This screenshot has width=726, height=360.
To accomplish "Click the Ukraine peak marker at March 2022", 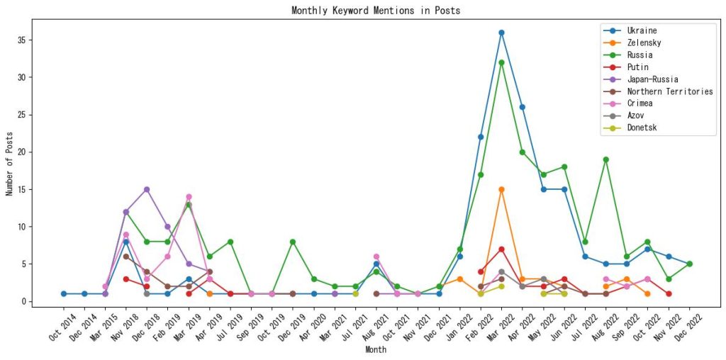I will click(501, 33).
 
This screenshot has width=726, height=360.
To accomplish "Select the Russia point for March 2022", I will click(501, 62).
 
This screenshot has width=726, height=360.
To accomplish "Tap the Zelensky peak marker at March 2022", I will click(501, 189).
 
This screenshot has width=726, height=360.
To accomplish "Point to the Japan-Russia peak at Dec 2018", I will click(147, 189).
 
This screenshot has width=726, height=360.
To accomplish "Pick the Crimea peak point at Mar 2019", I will click(189, 197).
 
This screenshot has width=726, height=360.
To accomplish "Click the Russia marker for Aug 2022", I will click(605, 159).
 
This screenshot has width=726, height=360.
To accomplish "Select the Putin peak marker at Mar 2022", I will click(501, 249).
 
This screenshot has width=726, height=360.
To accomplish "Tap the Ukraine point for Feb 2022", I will click(481, 137).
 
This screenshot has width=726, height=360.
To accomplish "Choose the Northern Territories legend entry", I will click(669, 91).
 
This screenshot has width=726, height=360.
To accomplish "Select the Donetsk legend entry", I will click(642, 128).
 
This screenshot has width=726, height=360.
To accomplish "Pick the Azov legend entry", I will click(636, 116).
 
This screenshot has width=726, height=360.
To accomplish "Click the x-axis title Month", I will click(375, 350).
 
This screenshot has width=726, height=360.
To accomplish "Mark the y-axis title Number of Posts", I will click(10, 164).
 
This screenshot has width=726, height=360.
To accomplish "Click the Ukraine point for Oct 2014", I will click(64, 293).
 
